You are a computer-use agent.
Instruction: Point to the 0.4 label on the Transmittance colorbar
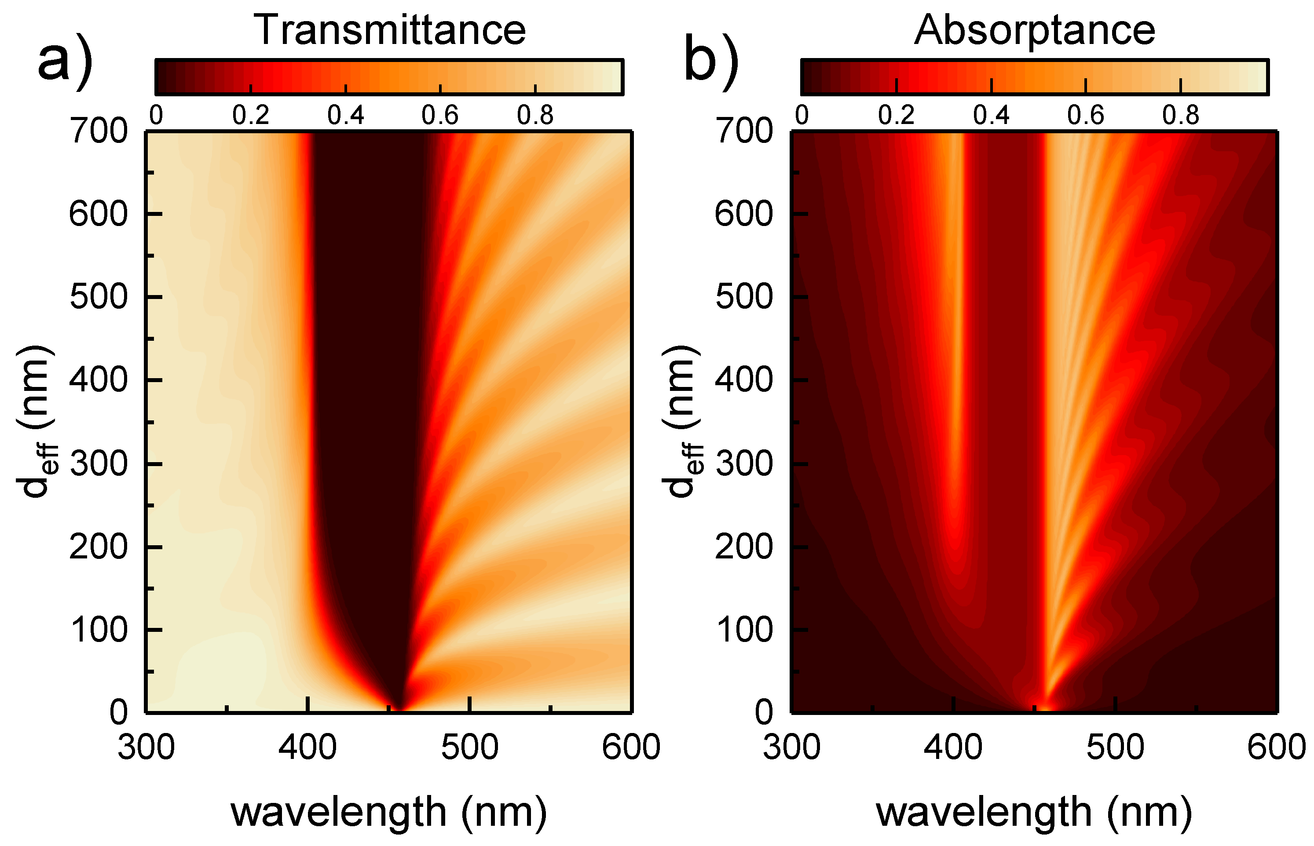click(x=345, y=115)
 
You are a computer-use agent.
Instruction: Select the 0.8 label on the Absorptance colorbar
click(x=1180, y=115)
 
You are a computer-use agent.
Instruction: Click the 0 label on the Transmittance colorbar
click(x=156, y=115)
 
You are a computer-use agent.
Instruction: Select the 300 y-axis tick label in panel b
click(x=743, y=464)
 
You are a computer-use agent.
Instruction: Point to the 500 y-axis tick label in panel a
click(x=99, y=297)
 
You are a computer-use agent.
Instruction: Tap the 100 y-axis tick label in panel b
click(x=743, y=630)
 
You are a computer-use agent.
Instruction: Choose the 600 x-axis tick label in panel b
click(x=1276, y=748)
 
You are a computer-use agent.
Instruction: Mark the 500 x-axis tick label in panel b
click(x=1115, y=748)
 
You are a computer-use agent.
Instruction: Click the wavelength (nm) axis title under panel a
click(x=389, y=812)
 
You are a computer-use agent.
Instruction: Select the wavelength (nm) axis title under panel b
click(x=1034, y=812)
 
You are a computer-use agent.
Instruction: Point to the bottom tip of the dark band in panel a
click(x=399, y=707)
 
